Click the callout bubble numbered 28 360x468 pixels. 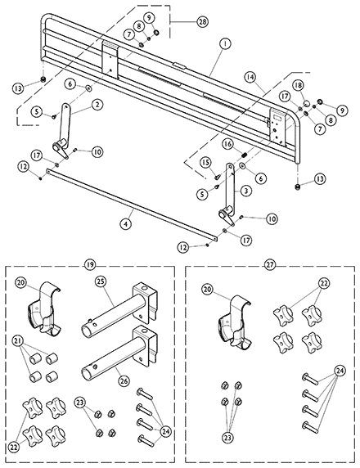(x=202, y=22)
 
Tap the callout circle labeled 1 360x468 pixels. (x=225, y=43)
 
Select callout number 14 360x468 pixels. (x=250, y=77)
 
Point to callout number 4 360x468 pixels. (x=126, y=223)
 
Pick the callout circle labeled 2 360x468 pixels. (x=97, y=105)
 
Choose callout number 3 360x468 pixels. (x=245, y=191)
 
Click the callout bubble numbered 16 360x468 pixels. (x=227, y=145)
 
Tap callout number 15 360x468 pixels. (x=206, y=162)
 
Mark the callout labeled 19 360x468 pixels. (x=91, y=265)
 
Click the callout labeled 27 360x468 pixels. (x=270, y=265)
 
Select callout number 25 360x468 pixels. (x=101, y=281)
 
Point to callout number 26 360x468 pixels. (x=124, y=380)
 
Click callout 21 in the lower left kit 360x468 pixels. (x=18, y=341)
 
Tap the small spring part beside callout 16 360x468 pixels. (x=244, y=155)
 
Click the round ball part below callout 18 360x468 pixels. (x=307, y=104)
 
